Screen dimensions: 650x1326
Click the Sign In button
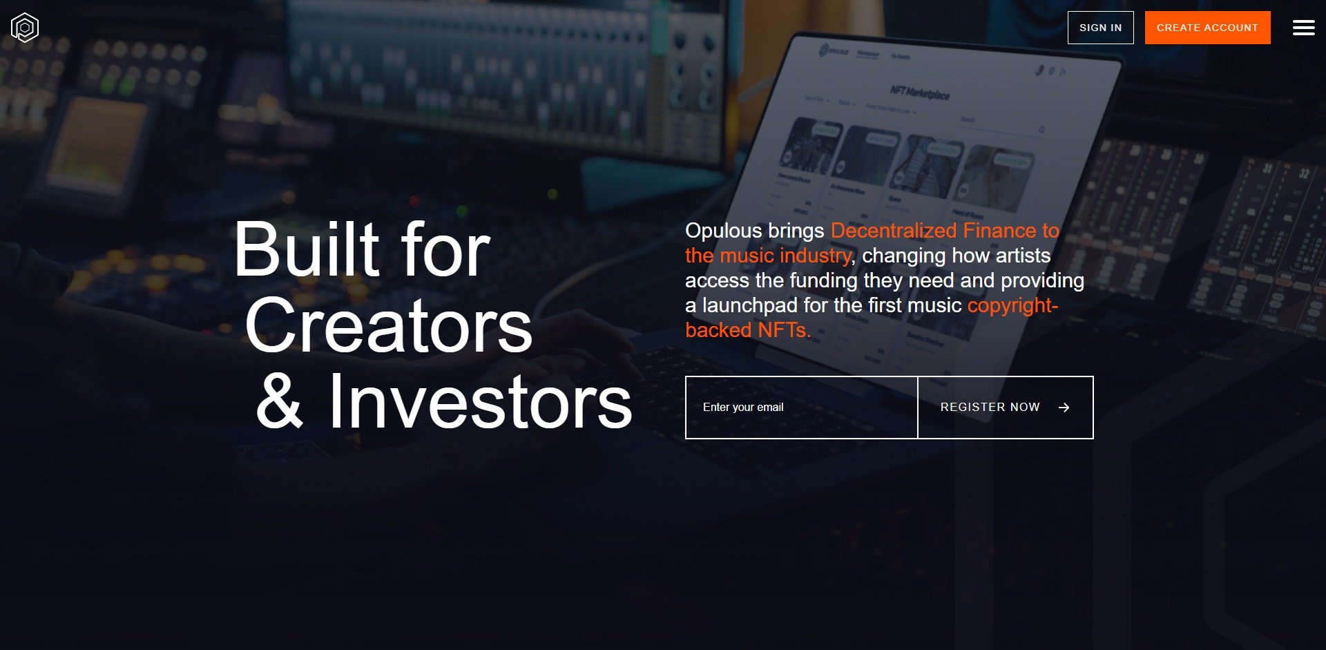(1100, 28)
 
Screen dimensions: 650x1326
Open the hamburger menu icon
(1303, 28)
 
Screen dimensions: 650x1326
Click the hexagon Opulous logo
(25, 28)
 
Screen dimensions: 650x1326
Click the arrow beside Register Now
(1064, 408)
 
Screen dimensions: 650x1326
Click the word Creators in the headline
(388, 326)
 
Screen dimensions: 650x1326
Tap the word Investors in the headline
(480, 402)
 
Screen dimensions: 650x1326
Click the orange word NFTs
(783, 330)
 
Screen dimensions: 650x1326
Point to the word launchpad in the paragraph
(749, 305)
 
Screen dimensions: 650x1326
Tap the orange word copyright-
(1012, 305)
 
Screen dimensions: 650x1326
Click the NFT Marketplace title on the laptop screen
(919, 93)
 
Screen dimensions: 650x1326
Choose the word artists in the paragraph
(1023, 256)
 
